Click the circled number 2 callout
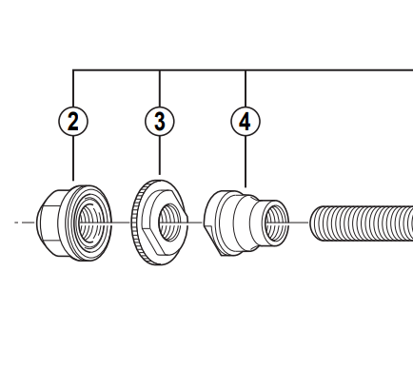click(73, 122)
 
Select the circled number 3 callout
click(160, 122)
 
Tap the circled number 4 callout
click(246, 122)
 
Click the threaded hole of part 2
click(90, 221)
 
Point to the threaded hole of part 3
click(169, 223)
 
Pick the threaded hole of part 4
click(275, 222)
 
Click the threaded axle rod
click(362, 223)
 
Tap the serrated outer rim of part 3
click(136, 222)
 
